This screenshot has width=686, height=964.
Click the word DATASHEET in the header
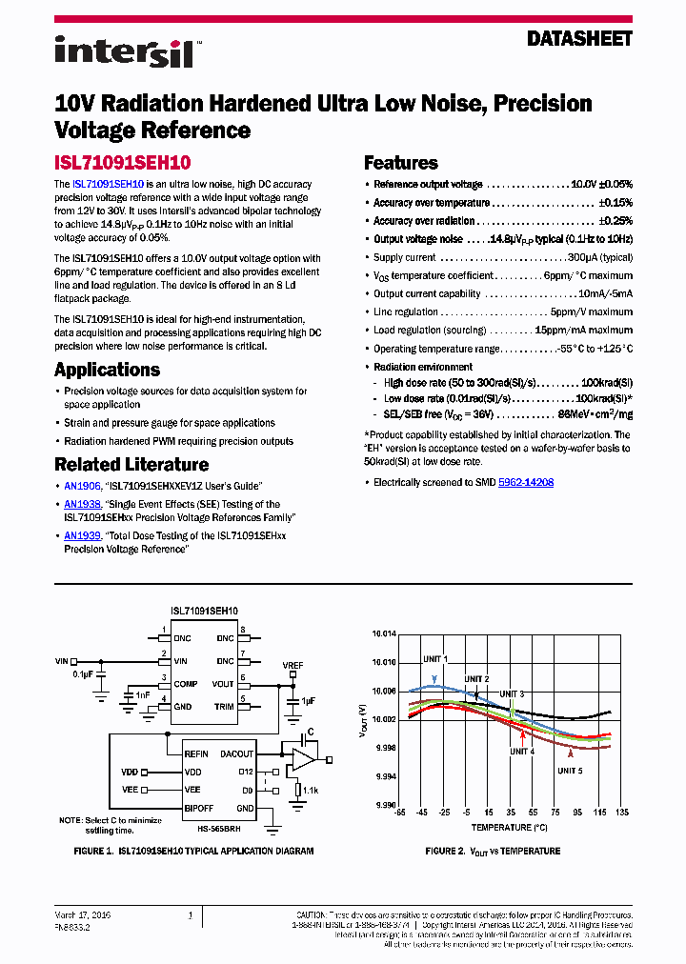tap(579, 39)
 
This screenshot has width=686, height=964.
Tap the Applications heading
tap(113, 370)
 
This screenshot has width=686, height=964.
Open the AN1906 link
tap(82, 486)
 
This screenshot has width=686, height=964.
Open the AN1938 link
tap(82, 505)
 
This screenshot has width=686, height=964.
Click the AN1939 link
tap(82, 536)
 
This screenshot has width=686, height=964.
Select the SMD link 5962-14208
tap(526, 483)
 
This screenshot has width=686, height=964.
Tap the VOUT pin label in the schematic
tap(223, 684)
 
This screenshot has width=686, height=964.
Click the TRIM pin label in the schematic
tap(224, 706)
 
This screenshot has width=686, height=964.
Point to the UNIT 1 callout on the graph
tap(435, 659)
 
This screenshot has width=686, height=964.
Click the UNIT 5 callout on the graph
tap(571, 770)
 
